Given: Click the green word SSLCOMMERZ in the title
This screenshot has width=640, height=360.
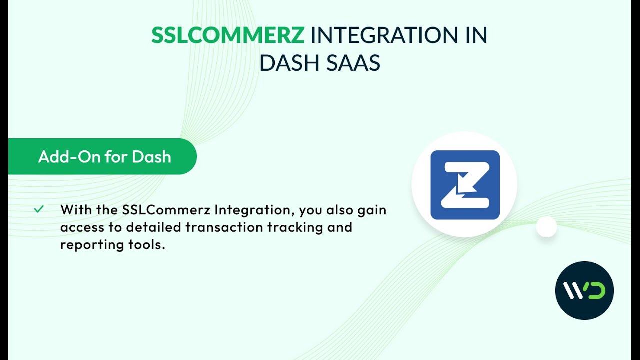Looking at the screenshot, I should point(228,35).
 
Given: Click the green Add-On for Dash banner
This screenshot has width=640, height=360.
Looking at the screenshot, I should point(104,157).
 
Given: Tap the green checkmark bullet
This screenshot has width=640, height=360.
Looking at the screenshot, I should point(39,209).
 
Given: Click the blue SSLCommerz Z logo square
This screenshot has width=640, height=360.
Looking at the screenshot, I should point(465,185).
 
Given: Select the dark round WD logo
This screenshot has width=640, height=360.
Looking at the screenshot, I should point(584,290).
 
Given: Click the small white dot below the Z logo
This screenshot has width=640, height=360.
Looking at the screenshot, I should point(546,227).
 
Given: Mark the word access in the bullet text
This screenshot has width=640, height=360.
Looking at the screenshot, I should point(80,227).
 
